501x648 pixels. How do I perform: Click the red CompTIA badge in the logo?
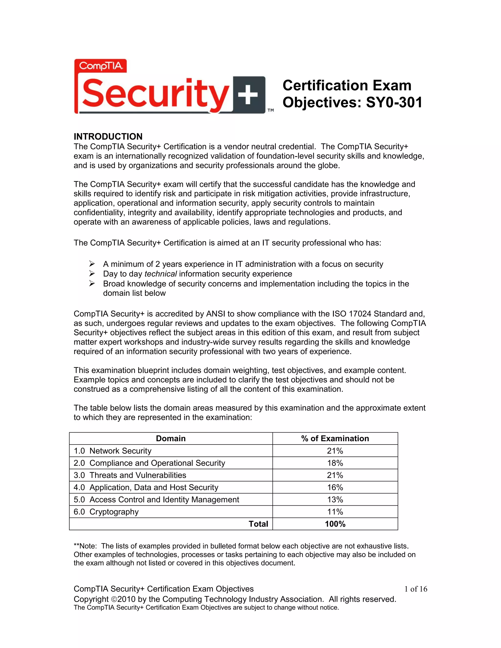[x=101, y=66]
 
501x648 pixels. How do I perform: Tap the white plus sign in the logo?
[x=249, y=95]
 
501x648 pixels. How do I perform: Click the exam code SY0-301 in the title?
[x=394, y=102]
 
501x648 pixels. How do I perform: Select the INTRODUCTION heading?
[x=108, y=136]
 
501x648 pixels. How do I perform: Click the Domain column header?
[x=171, y=438]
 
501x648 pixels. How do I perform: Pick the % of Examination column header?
[x=335, y=438]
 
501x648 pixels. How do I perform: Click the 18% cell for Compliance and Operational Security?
[x=335, y=463]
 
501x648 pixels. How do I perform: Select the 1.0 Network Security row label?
[x=113, y=451]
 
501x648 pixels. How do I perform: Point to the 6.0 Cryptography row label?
[x=106, y=512]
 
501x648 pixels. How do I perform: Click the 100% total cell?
[x=335, y=524]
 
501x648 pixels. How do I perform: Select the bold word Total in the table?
[x=258, y=524]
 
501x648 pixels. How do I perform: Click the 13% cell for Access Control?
[x=335, y=500]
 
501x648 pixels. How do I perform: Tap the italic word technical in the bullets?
[x=160, y=274]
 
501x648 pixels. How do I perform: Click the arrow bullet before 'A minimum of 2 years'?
[x=92, y=264]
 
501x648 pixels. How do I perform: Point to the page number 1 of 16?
[x=416, y=589]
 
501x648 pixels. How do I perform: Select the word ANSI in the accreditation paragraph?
[x=216, y=314]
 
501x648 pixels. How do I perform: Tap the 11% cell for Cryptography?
[x=335, y=512]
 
